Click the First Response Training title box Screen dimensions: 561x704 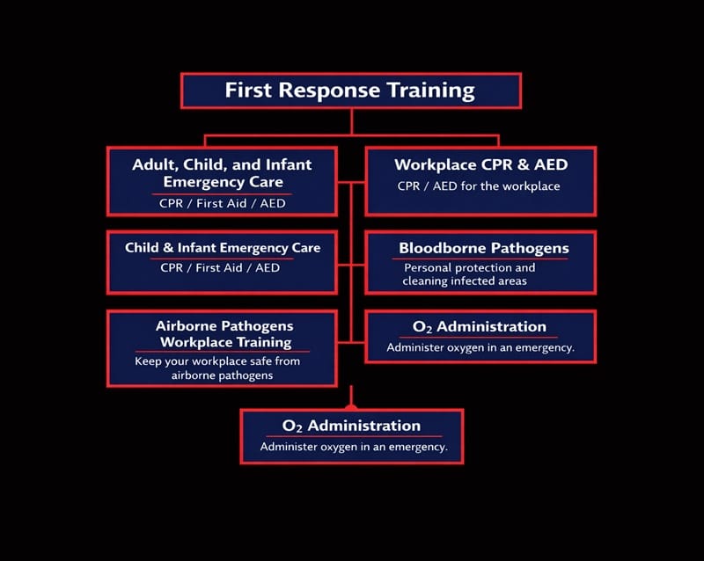coord(350,90)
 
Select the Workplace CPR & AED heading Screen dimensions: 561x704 coord(480,164)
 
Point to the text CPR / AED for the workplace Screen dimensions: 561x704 coord(479,186)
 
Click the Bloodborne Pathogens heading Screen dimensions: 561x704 coord(483,248)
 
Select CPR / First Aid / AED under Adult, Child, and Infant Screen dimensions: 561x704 coord(223,204)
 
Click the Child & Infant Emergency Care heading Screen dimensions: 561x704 coord(223,248)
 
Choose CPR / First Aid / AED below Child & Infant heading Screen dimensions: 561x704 coord(220,267)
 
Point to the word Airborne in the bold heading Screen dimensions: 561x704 coord(189,325)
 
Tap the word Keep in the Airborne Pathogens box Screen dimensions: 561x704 coord(148,361)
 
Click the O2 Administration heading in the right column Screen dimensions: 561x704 coord(480,326)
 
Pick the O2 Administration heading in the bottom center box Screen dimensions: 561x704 coord(352,426)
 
